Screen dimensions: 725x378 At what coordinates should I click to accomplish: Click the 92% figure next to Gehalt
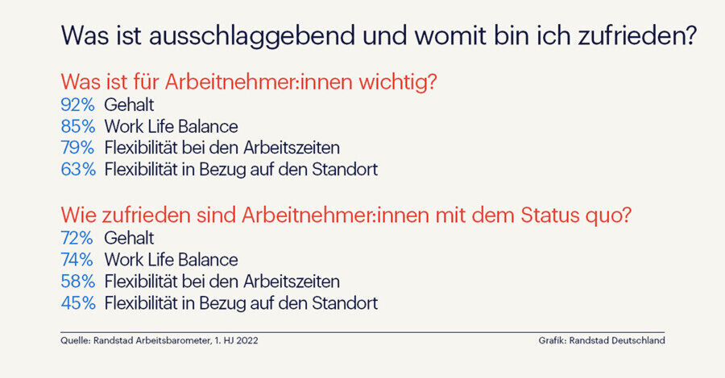(x=77, y=105)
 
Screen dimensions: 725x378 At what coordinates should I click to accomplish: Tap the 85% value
(x=77, y=126)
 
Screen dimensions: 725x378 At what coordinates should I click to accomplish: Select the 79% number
(x=77, y=148)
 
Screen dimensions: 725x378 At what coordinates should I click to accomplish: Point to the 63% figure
(x=78, y=170)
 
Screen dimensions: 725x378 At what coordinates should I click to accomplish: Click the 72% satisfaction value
(x=77, y=238)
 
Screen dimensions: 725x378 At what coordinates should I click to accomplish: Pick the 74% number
(x=77, y=260)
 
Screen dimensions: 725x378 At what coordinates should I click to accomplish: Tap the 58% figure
(x=77, y=281)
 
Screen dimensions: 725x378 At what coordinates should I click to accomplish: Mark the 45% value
(x=78, y=302)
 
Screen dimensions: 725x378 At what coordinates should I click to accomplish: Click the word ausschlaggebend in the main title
(x=251, y=36)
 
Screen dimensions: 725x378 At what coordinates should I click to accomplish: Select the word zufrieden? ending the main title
(x=636, y=35)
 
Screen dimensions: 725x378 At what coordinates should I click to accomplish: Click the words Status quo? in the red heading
(x=576, y=216)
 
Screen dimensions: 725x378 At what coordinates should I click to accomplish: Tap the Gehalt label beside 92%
(x=129, y=105)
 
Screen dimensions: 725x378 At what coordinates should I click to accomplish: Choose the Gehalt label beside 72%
(x=129, y=238)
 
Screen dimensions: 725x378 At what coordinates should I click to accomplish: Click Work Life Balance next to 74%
(x=171, y=260)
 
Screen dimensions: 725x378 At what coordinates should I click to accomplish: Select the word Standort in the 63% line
(x=345, y=170)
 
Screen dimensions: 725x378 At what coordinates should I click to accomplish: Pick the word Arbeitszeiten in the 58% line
(x=292, y=281)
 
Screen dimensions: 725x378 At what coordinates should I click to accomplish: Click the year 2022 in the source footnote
(x=247, y=341)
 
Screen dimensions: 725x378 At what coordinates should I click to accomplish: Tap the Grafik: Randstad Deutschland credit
(x=602, y=341)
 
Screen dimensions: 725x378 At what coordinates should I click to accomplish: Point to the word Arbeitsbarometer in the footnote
(x=174, y=341)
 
